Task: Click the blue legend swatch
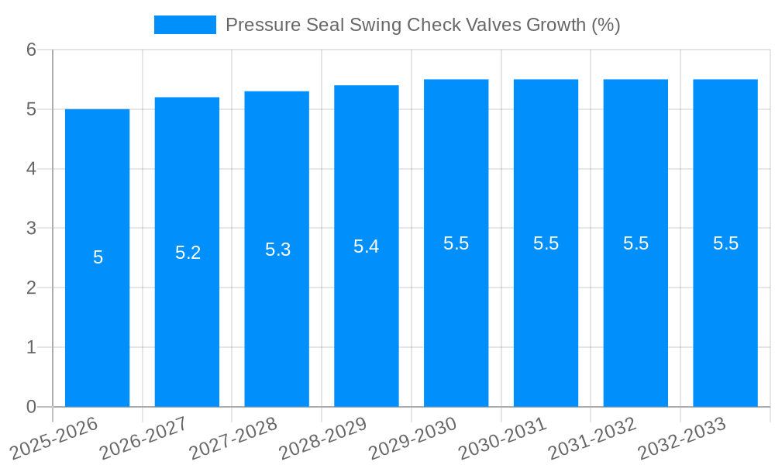point(185,25)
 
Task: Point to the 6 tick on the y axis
point(31,50)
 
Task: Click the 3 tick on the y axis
point(31,229)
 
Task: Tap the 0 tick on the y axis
point(31,407)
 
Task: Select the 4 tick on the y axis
point(31,169)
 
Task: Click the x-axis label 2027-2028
point(233,438)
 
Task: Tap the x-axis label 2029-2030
point(412,438)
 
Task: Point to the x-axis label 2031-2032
point(592,438)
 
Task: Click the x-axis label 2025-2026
point(53,438)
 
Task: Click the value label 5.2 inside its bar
point(188,253)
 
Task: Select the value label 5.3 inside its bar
point(277,250)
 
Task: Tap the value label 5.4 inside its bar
point(367,246)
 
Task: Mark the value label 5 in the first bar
point(98,258)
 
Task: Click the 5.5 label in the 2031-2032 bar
point(635,243)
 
